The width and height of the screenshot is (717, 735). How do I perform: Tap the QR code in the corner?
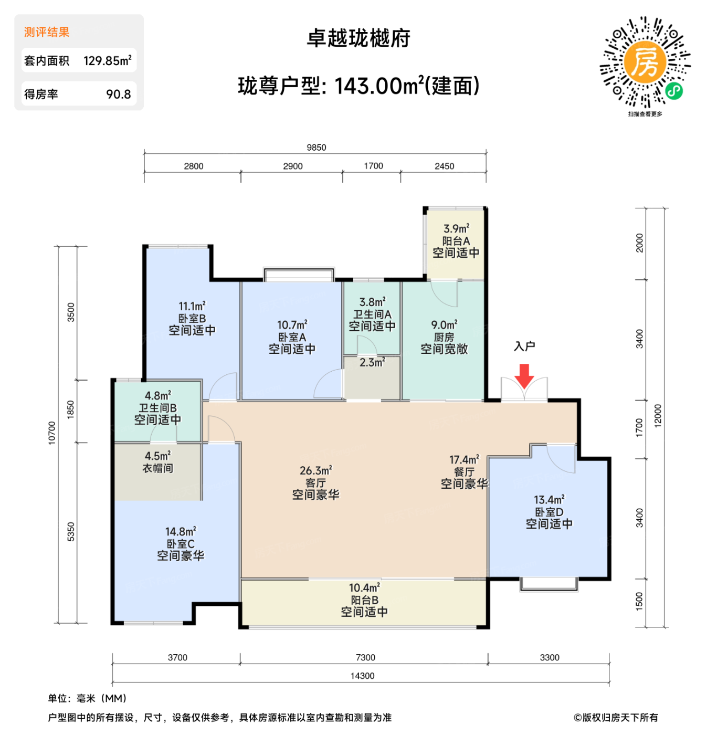645,62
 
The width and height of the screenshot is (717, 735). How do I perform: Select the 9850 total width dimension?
316,148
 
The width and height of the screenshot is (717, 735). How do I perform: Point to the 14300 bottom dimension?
362,676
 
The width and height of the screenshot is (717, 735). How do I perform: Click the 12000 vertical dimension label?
658,416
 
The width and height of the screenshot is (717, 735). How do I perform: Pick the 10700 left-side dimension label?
52,433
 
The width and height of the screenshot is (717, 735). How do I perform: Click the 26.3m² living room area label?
315,470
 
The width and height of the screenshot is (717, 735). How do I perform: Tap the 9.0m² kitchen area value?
444,325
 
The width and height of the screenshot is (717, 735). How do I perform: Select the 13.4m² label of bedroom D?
549,499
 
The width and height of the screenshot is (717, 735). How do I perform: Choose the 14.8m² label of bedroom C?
181,532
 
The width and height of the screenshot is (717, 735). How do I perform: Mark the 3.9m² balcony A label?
456,229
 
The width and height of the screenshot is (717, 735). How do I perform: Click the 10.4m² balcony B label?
364,588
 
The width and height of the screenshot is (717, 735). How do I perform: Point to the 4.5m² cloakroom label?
157,456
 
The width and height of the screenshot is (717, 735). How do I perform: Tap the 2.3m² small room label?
372,362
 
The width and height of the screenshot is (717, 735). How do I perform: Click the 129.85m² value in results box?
108,60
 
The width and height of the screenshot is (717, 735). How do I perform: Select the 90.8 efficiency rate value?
119,94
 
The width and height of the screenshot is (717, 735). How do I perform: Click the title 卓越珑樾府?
358,38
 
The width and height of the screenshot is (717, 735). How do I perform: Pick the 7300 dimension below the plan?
365,657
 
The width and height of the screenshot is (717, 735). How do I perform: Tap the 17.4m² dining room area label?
464,460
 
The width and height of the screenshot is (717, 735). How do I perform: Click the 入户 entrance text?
524,346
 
